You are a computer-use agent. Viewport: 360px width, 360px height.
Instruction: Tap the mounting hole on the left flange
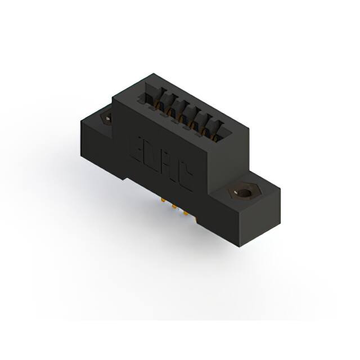pos(105,119)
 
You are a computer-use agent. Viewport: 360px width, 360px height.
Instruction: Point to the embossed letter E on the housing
pos(138,148)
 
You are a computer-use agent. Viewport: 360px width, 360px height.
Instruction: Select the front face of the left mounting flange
pos(98,152)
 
